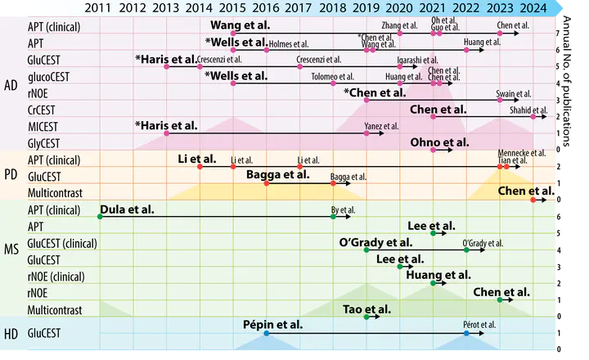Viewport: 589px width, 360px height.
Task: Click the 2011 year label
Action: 99,8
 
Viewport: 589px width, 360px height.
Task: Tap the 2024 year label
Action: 533,8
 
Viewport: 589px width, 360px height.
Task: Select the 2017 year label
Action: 299,8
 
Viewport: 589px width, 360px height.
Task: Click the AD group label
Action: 11,85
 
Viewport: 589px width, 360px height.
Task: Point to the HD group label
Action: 11,334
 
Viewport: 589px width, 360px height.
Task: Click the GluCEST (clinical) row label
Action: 62,243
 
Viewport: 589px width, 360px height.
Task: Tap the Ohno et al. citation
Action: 438,142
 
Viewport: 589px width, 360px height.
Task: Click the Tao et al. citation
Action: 366,308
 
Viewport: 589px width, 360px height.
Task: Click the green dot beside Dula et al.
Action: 100,216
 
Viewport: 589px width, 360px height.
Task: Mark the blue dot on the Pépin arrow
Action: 266,334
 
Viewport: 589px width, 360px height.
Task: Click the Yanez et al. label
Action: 381,126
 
